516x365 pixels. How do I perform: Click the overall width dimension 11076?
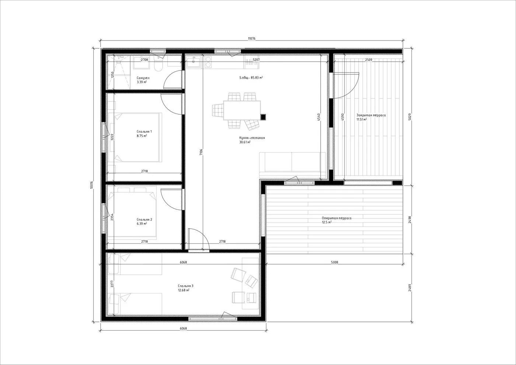pyautogui.click(x=251, y=38)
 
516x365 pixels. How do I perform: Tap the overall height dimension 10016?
pyautogui.click(x=91, y=185)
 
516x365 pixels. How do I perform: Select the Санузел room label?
pyautogui.click(x=143, y=78)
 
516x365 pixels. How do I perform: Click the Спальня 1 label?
pyautogui.click(x=144, y=132)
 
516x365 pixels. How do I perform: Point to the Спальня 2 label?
pyautogui.click(x=144, y=220)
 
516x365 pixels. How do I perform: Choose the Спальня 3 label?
pyautogui.click(x=185, y=286)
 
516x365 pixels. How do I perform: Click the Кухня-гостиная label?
pyautogui.click(x=252, y=138)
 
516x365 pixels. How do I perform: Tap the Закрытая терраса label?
pyautogui.click(x=371, y=115)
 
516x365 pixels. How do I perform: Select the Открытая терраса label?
pyautogui.click(x=337, y=218)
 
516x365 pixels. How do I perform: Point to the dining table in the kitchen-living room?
pyautogui.click(x=242, y=110)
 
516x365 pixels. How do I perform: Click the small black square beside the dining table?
pyautogui.click(x=263, y=117)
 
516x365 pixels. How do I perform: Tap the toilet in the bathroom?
pyautogui.click(x=158, y=64)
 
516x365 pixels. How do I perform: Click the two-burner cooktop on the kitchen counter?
pyautogui.click(x=209, y=62)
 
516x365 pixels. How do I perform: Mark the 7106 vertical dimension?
pyautogui.click(x=201, y=152)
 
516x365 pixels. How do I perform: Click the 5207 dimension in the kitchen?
pyautogui.click(x=256, y=60)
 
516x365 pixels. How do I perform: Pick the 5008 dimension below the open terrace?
pyautogui.click(x=335, y=262)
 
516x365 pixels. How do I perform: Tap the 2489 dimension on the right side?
pyautogui.click(x=410, y=288)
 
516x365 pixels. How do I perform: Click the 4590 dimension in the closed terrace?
pyautogui.click(x=342, y=117)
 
